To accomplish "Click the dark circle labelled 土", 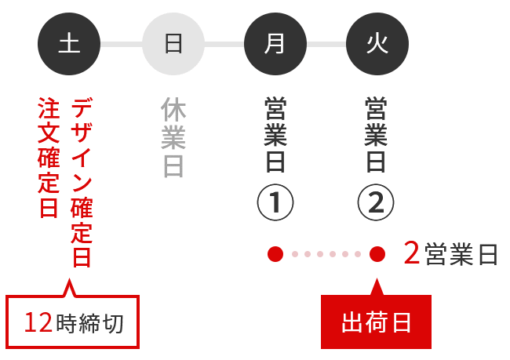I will coord(69,44).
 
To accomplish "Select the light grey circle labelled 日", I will coord(173,44).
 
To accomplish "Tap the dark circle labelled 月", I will coord(275,44).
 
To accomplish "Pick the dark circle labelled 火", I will coord(377,44).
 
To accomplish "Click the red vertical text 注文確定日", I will coord(49,158).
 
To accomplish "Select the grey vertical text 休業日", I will coord(173,137).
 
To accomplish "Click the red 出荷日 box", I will coord(376,322).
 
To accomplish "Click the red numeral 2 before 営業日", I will coord(411,254).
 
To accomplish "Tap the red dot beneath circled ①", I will coord(275,254).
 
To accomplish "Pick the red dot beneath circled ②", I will coord(377,254).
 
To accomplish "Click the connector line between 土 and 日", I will coord(121,44).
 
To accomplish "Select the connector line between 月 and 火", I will coord(326,44).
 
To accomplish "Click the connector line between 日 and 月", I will coord(224,44).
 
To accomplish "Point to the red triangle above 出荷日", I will coord(377,286).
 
